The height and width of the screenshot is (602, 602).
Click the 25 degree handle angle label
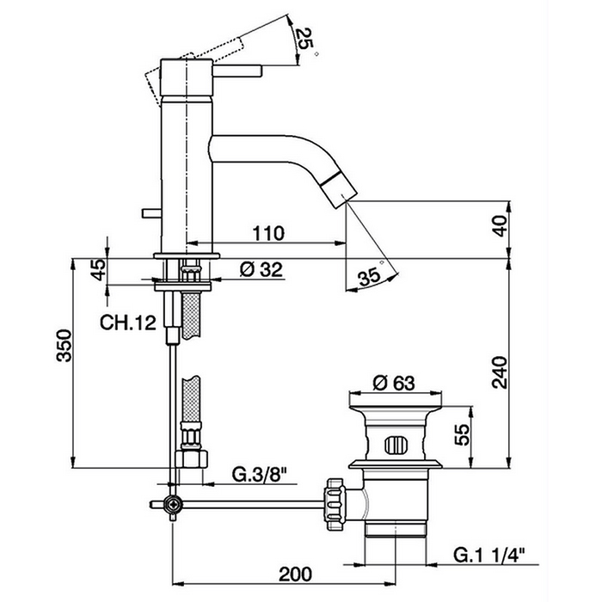click(x=304, y=40)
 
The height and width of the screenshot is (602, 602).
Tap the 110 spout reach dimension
click(x=268, y=233)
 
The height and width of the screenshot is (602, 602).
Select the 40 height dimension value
click(x=500, y=225)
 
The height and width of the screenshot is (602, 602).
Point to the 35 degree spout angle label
click(x=370, y=277)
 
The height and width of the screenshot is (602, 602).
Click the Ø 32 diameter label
click(x=261, y=269)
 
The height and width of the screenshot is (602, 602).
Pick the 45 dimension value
click(x=98, y=269)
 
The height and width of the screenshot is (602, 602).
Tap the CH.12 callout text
click(x=128, y=323)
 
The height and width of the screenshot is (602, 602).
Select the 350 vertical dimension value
click(x=64, y=346)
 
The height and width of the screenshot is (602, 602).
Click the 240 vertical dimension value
click(x=500, y=372)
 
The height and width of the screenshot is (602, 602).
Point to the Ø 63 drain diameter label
click(x=394, y=383)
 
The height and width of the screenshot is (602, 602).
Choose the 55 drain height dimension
click(x=463, y=434)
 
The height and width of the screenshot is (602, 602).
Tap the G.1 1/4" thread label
click(x=489, y=556)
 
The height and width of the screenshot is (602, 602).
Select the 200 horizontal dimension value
click(x=295, y=574)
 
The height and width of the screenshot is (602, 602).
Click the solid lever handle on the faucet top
click(x=237, y=71)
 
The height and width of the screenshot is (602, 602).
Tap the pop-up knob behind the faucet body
click(x=151, y=213)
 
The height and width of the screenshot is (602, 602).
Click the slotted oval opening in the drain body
click(x=394, y=445)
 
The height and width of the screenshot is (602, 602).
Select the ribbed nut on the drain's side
click(x=335, y=505)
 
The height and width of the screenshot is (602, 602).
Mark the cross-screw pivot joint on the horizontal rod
click(x=173, y=504)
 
